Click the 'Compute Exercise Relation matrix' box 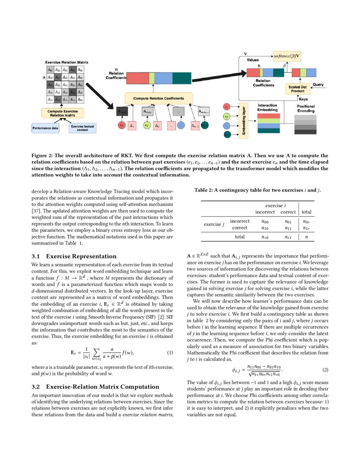point(63,113)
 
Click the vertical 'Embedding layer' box point(243,120)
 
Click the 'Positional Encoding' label point(305,108)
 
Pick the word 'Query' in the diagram point(318,85)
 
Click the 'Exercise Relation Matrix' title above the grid point(64,62)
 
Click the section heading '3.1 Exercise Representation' point(74,256)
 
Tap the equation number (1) point(170,353)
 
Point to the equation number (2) point(325,370)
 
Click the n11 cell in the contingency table point(288,227)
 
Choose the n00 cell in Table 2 point(265,221)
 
